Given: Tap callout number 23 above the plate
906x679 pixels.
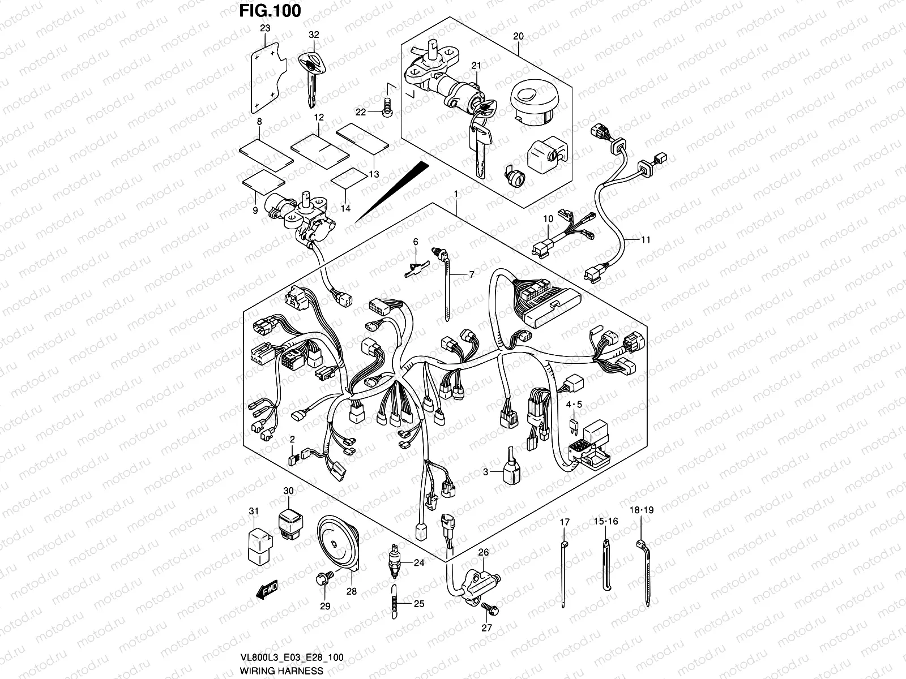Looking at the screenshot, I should (x=265, y=28).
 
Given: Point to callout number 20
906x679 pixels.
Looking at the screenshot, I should (x=518, y=36).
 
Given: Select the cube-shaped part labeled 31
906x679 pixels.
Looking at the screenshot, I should (x=255, y=542).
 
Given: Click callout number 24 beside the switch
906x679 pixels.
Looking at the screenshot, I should (x=418, y=562).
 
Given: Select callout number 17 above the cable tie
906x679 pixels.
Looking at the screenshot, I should (x=563, y=521).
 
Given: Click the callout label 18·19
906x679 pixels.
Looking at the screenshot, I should (x=642, y=510).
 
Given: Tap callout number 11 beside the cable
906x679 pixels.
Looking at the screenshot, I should (x=646, y=239).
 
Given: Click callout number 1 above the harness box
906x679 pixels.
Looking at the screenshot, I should (x=455, y=194).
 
